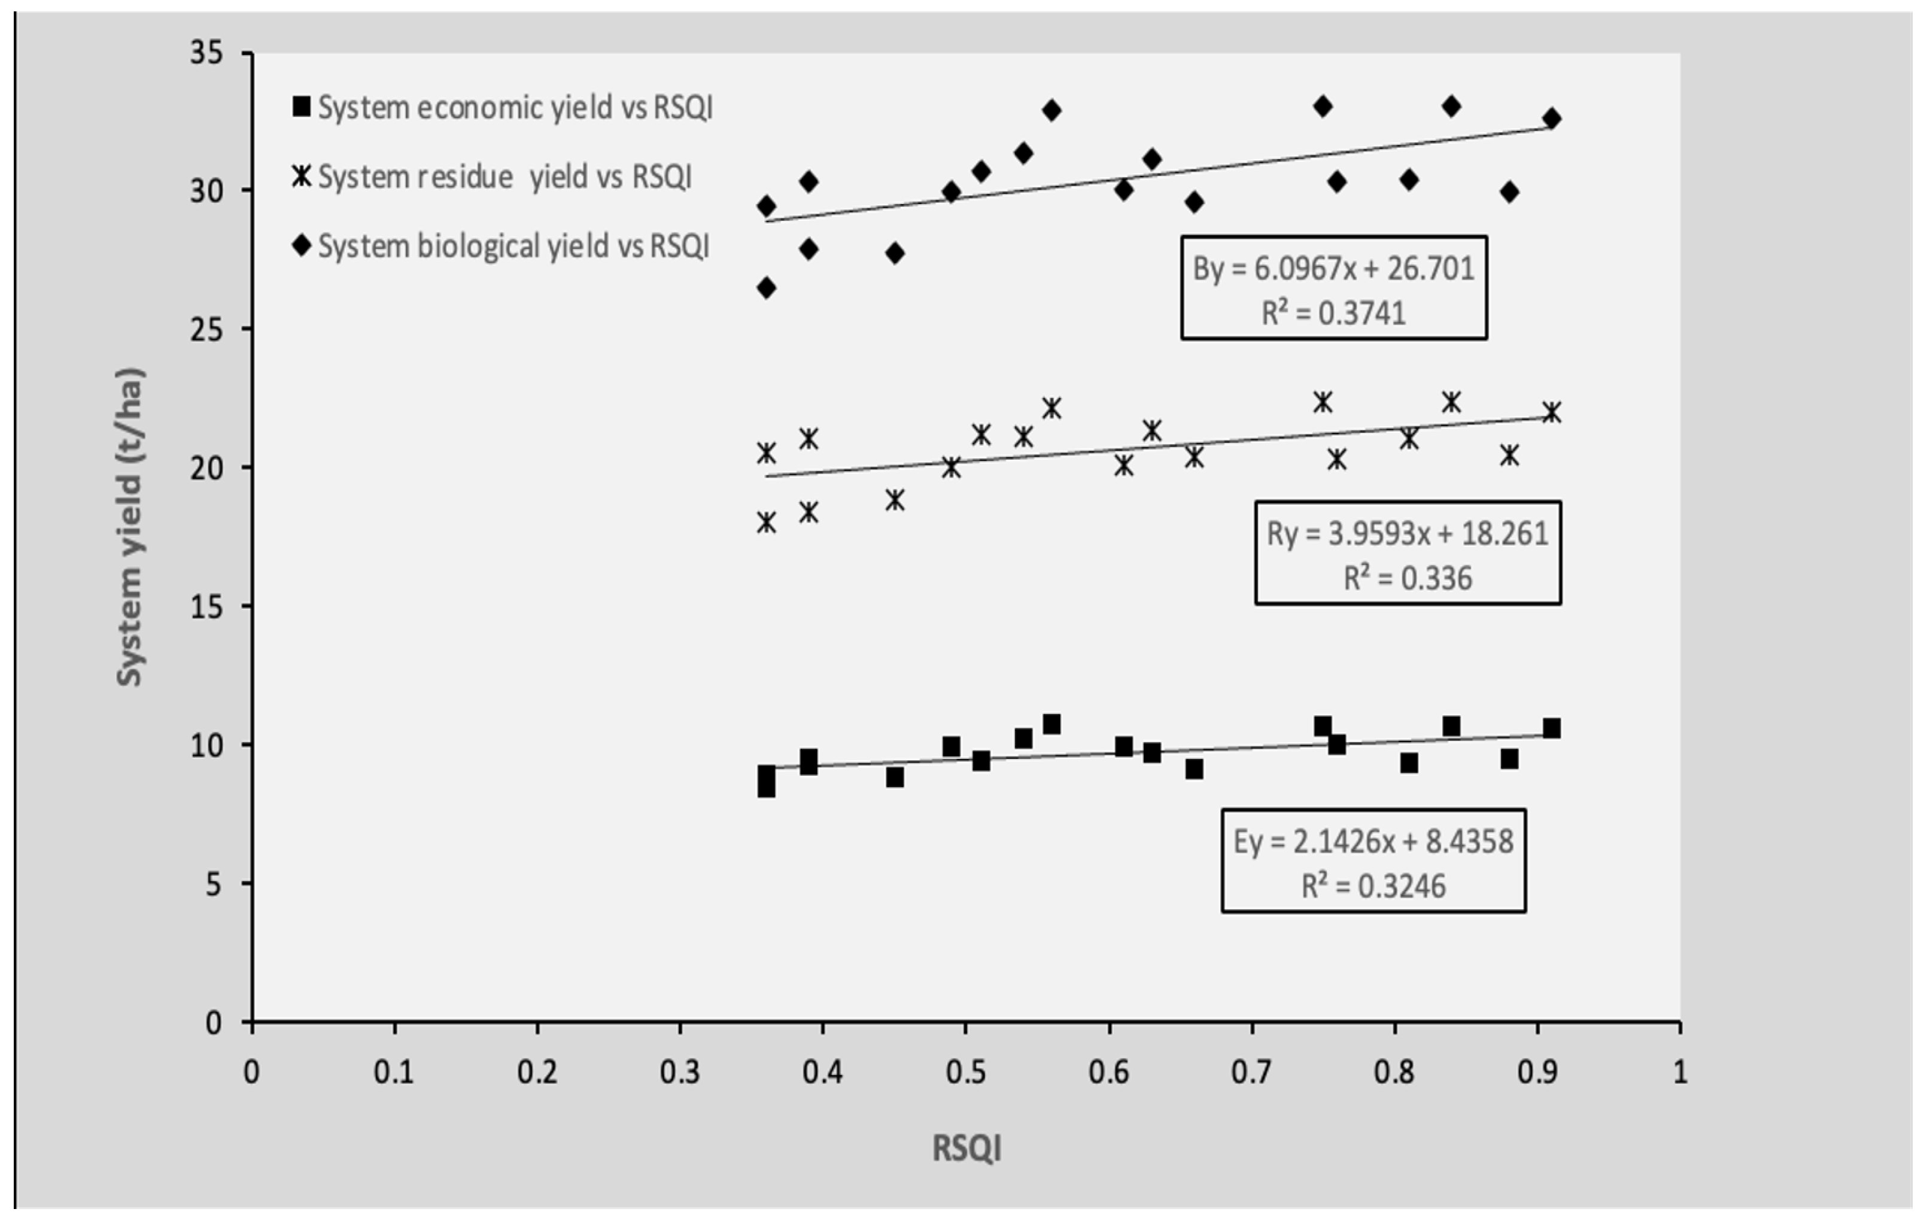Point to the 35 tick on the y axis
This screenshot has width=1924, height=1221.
(206, 53)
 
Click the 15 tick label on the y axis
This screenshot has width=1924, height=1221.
(206, 606)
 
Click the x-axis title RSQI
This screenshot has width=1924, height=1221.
(966, 1149)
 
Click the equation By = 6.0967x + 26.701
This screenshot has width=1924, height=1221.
(1333, 269)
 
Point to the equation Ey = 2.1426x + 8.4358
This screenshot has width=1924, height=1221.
(1373, 842)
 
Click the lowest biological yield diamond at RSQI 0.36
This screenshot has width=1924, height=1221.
(766, 288)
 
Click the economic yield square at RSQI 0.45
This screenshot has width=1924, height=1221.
(895, 777)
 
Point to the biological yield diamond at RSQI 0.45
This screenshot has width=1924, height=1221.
(895, 253)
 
